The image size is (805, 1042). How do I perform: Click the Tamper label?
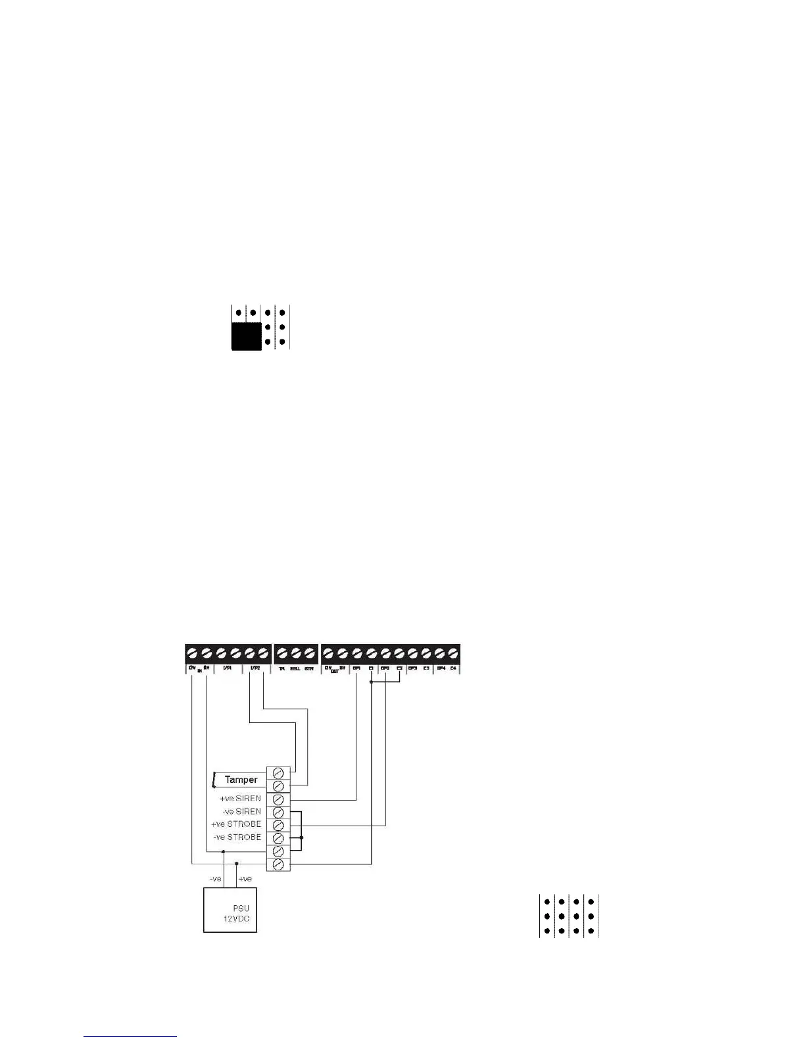(x=241, y=780)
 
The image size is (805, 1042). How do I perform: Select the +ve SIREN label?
(x=240, y=799)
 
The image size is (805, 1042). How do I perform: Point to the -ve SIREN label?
(x=241, y=812)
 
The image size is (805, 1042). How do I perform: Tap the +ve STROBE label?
(x=236, y=824)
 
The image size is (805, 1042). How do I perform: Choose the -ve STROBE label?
(x=237, y=837)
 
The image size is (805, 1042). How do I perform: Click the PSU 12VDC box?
(x=230, y=910)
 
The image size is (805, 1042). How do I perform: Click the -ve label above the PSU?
(x=215, y=879)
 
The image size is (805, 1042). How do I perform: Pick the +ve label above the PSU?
(x=245, y=879)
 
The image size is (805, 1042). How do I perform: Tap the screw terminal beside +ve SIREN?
(x=278, y=799)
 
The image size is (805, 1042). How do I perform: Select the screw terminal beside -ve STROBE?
(x=278, y=838)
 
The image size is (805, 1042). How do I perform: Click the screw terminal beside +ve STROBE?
(x=278, y=825)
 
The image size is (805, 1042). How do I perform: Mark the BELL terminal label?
(x=295, y=668)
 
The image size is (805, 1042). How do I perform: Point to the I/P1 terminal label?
(x=227, y=668)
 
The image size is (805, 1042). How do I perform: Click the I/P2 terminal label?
(x=256, y=668)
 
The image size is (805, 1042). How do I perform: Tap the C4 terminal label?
(x=453, y=668)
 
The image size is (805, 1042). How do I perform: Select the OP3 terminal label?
(x=412, y=668)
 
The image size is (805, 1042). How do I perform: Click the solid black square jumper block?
(x=247, y=335)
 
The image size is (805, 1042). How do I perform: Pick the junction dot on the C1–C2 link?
(x=372, y=682)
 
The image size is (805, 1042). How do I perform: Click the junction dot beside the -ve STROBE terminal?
(x=302, y=838)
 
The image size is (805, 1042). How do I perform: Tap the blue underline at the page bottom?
(x=131, y=1036)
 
